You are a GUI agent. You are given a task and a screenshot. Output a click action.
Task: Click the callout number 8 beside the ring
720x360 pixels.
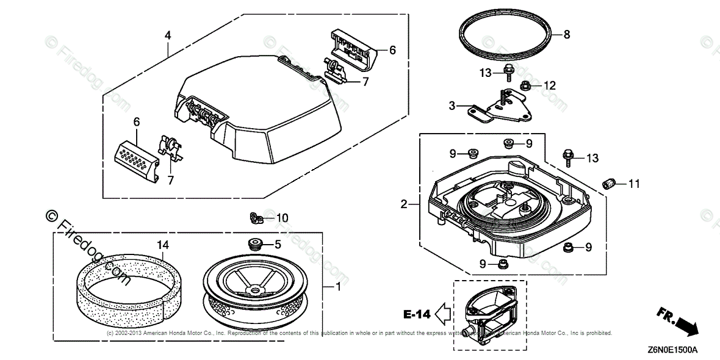[566, 35]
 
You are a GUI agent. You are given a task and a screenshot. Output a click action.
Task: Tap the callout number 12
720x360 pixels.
[550, 86]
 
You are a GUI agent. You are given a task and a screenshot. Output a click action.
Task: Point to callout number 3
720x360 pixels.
[452, 106]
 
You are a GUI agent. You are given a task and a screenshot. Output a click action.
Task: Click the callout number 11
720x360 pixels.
[635, 183]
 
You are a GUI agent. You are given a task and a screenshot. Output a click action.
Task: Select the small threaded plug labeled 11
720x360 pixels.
[609, 181]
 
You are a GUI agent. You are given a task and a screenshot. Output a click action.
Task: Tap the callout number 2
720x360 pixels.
[404, 204]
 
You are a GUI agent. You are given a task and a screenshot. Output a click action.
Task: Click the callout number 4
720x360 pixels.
[168, 35]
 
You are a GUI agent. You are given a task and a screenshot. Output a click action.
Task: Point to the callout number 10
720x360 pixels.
[282, 218]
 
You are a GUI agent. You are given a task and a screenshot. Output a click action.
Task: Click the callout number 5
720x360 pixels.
[278, 245]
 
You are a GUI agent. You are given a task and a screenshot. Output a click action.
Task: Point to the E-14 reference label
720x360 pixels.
[417, 314]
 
